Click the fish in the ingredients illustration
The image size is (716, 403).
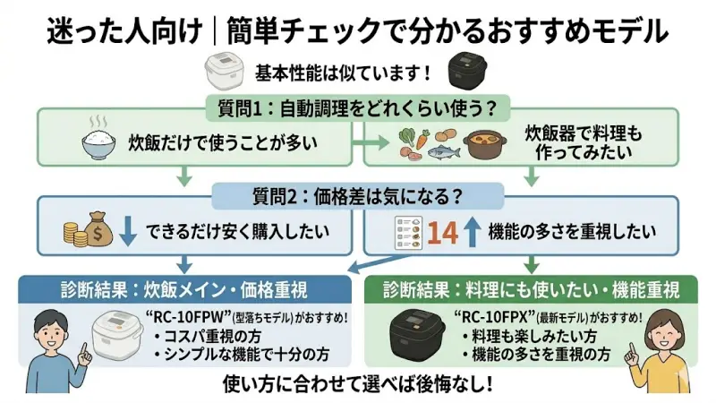[x=445, y=152]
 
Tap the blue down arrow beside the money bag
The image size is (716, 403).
[x=128, y=230]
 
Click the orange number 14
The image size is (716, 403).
[x=442, y=232]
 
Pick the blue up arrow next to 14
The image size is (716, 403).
[x=473, y=232]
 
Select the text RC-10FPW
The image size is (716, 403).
[x=192, y=318]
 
